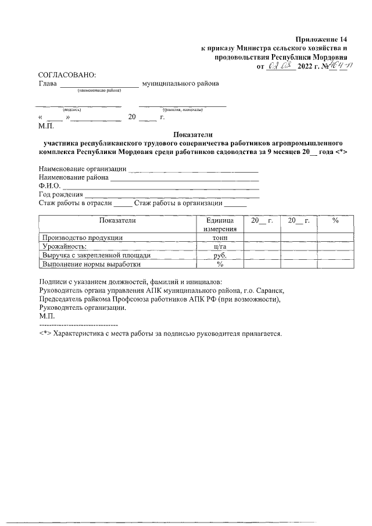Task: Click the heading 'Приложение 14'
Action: click(321, 38)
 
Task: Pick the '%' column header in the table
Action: click(335, 221)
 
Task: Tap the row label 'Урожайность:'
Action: click(64, 246)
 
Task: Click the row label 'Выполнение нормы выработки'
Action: click(91, 264)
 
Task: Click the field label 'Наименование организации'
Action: click(82, 169)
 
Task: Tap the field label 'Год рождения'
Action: click(60, 194)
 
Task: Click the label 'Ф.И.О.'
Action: click(49, 186)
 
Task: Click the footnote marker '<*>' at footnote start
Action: click(44, 335)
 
